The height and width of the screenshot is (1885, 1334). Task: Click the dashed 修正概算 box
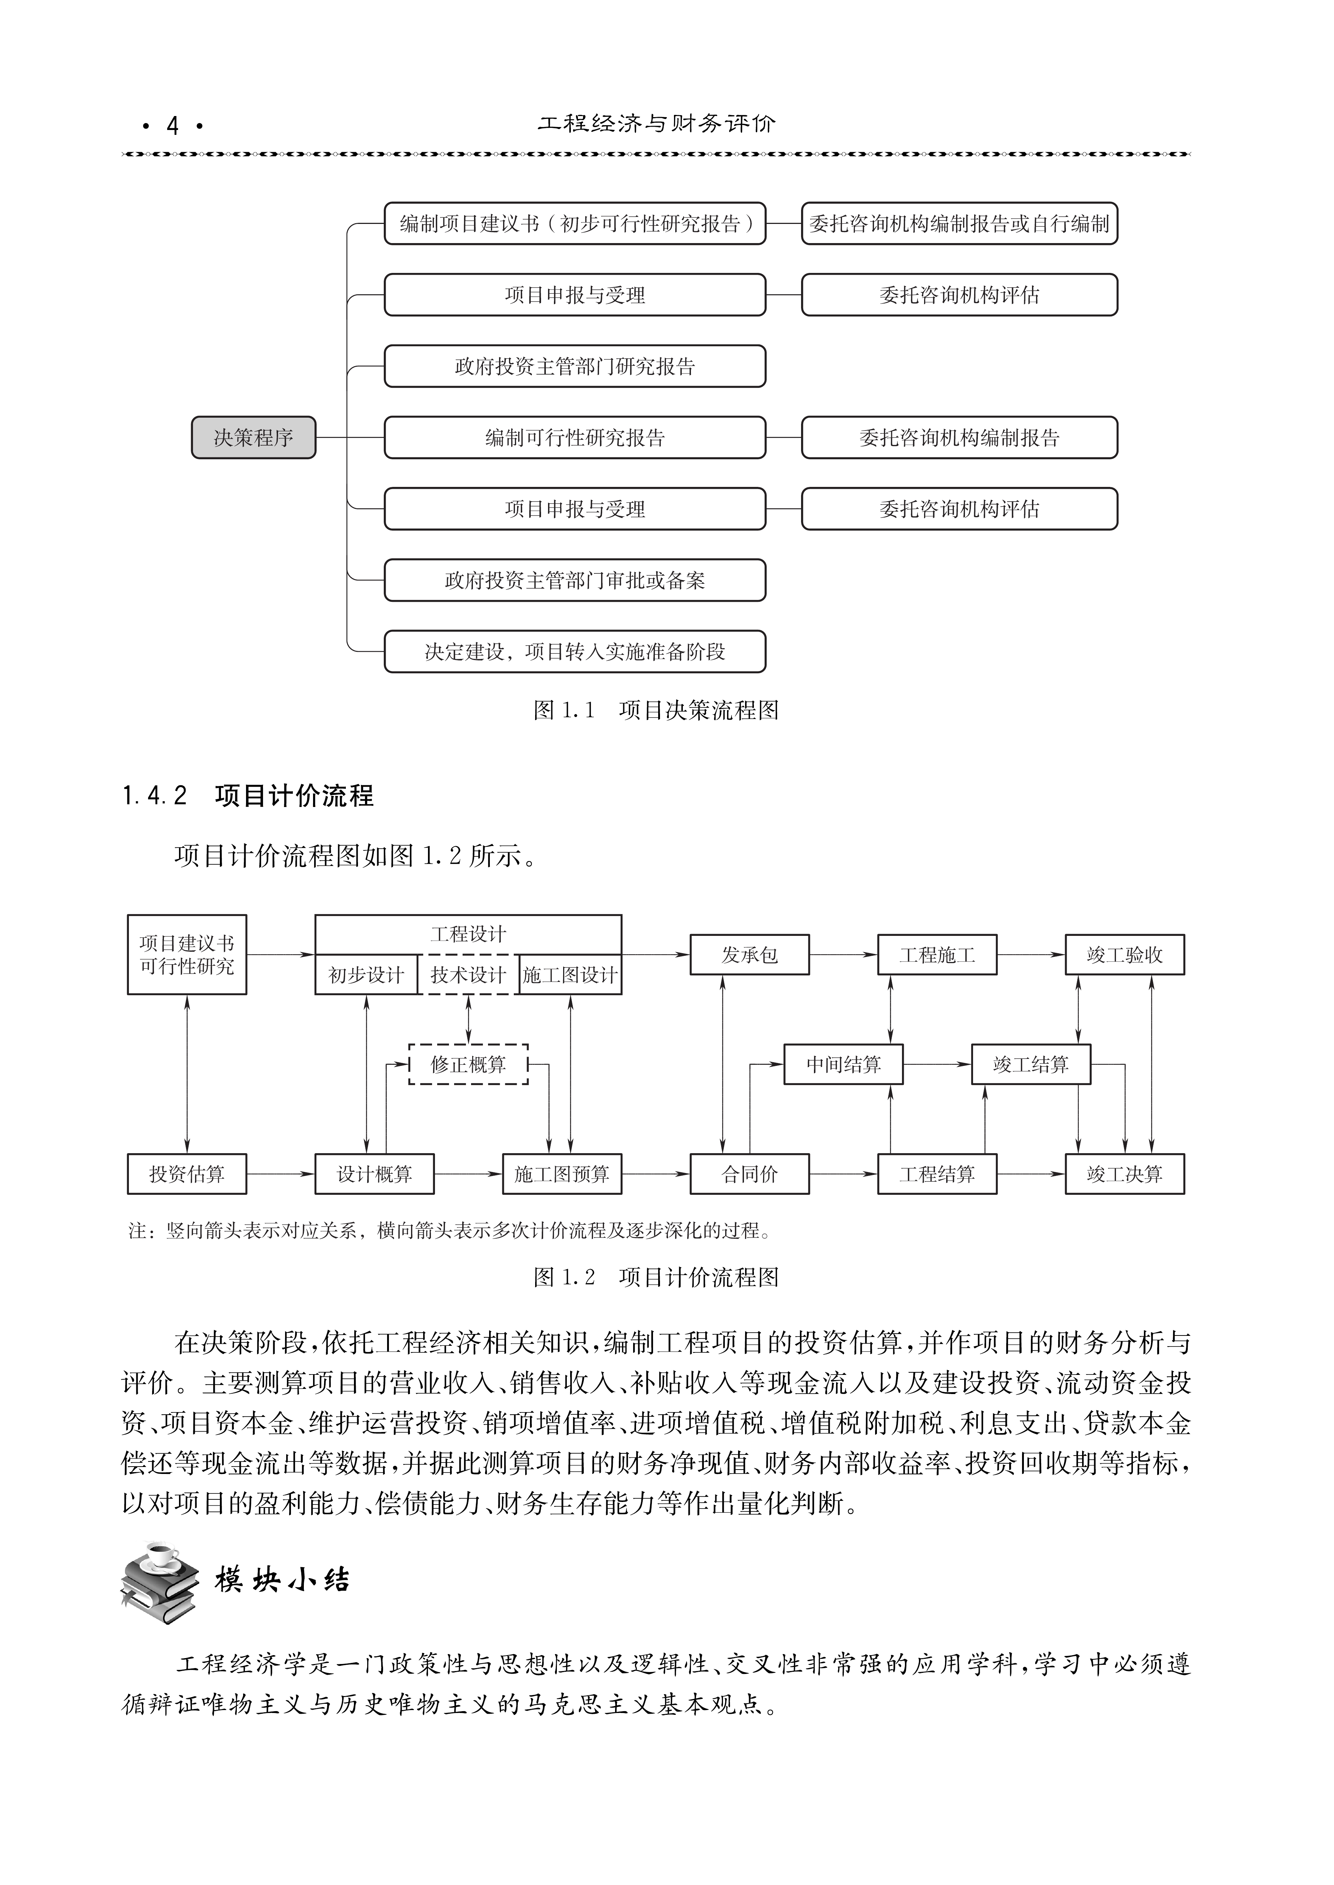click(468, 1064)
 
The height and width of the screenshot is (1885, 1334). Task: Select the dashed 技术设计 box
click(468, 975)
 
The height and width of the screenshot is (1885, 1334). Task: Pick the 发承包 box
click(749, 954)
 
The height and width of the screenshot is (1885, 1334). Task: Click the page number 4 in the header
click(172, 126)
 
